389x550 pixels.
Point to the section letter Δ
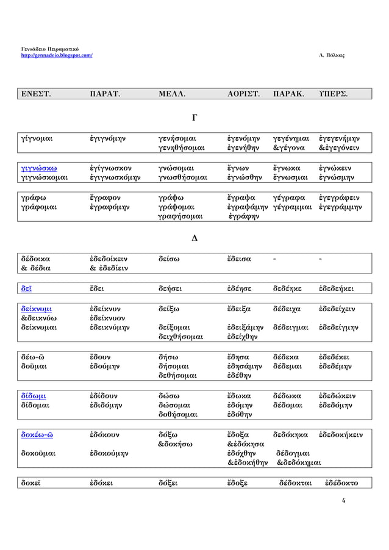[x=194, y=237]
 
